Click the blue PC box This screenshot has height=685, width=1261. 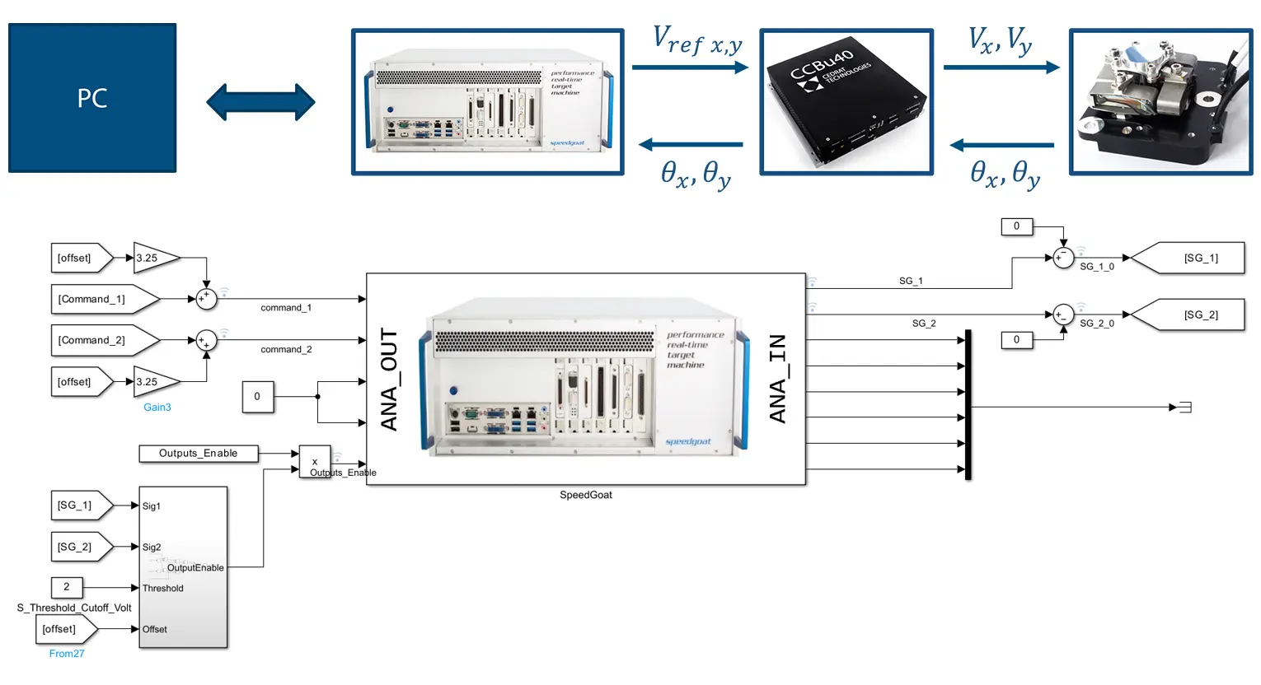click(92, 98)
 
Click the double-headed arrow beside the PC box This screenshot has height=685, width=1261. click(260, 102)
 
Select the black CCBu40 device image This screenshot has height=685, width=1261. click(846, 102)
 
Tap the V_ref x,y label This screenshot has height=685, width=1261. click(696, 40)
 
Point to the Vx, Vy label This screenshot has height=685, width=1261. click(999, 40)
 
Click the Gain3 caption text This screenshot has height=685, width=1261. click(157, 407)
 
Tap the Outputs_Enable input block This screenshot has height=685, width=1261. click(198, 453)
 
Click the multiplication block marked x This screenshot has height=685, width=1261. click(315, 461)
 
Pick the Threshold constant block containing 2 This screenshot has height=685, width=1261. click(67, 587)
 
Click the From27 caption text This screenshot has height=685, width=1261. click(67, 654)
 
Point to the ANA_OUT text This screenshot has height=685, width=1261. click(389, 380)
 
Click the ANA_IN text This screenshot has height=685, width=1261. click(777, 380)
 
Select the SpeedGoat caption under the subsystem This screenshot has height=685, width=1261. click(586, 495)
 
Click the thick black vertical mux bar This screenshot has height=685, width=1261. click(968, 404)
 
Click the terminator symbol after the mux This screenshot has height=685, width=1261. click(1184, 407)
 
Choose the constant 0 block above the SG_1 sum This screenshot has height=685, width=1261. click(1016, 226)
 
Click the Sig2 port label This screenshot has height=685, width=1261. click(152, 547)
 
